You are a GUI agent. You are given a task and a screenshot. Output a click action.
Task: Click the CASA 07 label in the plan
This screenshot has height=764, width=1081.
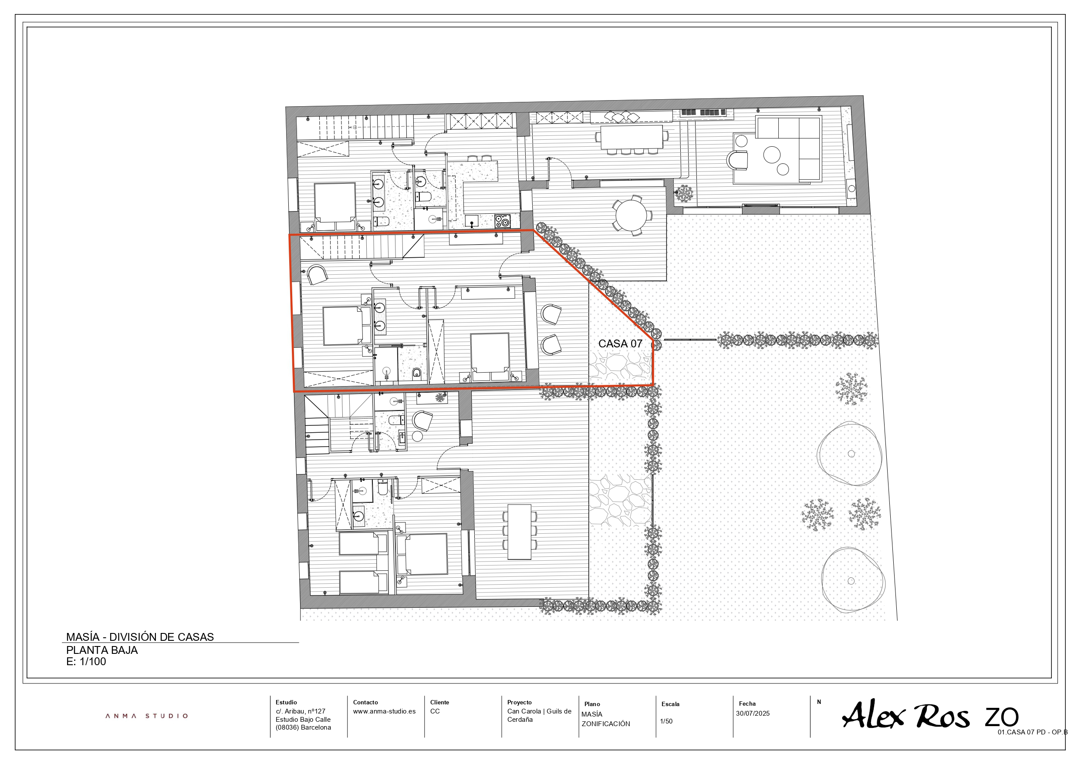(x=620, y=343)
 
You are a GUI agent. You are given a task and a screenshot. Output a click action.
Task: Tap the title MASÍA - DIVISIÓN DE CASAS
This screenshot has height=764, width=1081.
(x=140, y=637)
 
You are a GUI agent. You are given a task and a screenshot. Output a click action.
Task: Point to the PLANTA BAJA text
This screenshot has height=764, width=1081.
(x=101, y=650)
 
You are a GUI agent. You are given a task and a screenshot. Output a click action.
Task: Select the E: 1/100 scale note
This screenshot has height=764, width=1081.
(x=86, y=661)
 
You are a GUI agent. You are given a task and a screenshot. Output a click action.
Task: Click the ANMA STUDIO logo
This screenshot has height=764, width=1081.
(x=146, y=716)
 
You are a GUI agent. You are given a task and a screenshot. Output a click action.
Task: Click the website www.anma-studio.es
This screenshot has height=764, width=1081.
(x=384, y=711)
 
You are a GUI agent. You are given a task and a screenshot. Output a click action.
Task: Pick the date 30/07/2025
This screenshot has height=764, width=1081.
(x=753, y=713)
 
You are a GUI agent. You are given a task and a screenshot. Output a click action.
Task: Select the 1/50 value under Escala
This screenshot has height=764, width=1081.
(x=666, y=721)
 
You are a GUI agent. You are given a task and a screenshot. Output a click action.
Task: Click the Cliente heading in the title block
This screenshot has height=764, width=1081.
(x=439, y=702)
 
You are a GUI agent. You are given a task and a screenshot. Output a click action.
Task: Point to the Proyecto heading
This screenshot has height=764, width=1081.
(x=519, y=702)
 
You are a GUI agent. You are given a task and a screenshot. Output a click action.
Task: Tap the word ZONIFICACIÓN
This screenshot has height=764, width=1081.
(x=605, y=724)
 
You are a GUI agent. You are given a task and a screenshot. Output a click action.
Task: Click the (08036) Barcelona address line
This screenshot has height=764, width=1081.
(x=303, y=727)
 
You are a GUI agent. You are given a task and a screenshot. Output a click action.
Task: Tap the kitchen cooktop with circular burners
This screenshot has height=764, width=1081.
(x=502, y=221)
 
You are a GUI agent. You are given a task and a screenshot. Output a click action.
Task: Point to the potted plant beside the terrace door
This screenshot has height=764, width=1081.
(x=684, y=193)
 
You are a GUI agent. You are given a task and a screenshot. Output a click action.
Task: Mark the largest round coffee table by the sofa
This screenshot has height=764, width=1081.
(x=772, y=155)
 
